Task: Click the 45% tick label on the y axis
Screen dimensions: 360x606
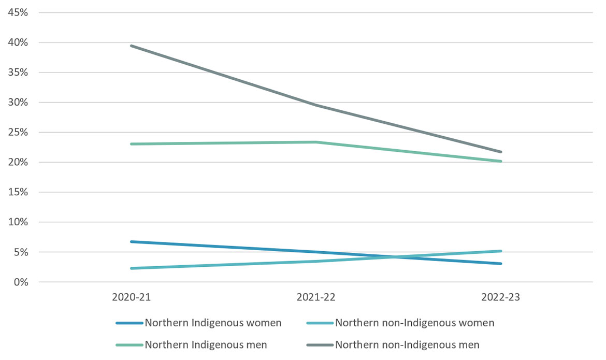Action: pyautogui.click(x=18, y=12)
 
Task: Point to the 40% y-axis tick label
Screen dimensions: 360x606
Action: pyautogui.click(x=18, y=42)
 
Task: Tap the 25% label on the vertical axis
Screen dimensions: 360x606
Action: pyautogui.click(x=18, y=133)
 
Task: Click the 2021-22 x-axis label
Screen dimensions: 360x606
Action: pyautogui.click(x=316, y=298)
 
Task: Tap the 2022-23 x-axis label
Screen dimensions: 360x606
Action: pyautogui.click(x=500, y=298)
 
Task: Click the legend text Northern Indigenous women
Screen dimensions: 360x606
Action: pyautogui.click(x=213, y=323)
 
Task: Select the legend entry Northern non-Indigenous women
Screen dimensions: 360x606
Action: pyautogui.click(x=414, y=323)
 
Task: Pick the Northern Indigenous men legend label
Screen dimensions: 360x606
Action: pyautogui.click(x=206, y=344)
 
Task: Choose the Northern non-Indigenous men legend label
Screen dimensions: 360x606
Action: pyautogui.click(x=407, y=344)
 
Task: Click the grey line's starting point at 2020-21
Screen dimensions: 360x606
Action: pyautogui.click(x=131, y=46)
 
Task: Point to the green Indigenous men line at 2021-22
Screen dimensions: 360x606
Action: pyautogui.click(x=316, y=142)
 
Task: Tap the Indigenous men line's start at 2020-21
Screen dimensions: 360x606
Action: pyautogui.click(x=131, y=144)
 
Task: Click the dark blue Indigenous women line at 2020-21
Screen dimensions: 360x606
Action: pyautogui.click(x=131, y=241)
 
